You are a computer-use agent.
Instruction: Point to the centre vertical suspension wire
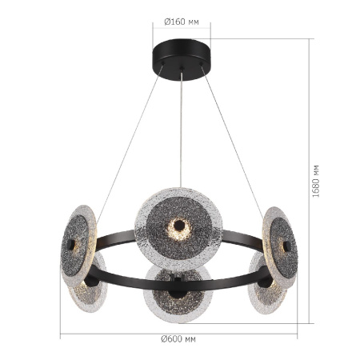[182, 128]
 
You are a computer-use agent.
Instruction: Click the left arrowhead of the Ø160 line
[155, 32]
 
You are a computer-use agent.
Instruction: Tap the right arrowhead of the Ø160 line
[211, 32]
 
